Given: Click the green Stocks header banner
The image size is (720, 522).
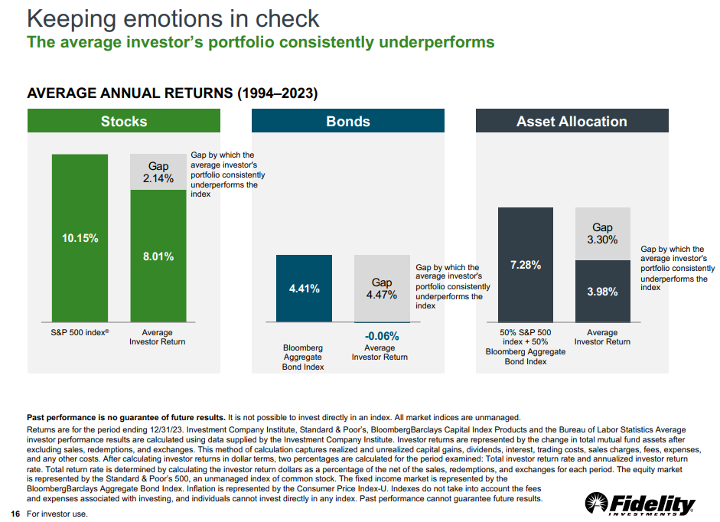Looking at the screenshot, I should pos(124,121).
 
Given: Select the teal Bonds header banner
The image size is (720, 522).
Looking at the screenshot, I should pos(348,121).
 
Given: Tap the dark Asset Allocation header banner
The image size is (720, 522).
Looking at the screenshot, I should pos(572,121).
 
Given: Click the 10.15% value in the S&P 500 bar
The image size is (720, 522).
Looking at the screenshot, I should pos(80,238).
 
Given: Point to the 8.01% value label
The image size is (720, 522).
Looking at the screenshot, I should pos(158,256).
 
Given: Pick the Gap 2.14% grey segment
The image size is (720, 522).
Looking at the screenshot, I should pos(158,172).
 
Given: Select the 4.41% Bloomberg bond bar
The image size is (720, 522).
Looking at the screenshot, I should pos(304,289).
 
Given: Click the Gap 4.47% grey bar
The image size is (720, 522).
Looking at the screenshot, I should pos(382,289).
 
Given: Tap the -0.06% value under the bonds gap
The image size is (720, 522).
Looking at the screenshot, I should pos(382,335).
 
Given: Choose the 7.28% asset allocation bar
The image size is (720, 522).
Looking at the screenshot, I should pos(526,265).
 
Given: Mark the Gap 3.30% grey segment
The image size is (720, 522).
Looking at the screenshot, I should pos(603,233).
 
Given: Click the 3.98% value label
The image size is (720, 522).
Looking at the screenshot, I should pos(603,292).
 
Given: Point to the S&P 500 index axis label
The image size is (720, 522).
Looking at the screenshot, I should pos(80,333).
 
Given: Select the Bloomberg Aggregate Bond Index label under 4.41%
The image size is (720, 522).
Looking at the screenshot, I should pos(304,357).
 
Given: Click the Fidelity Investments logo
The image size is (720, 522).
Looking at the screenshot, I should pos(640,504).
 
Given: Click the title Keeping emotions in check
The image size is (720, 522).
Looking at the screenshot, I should pos(173,18).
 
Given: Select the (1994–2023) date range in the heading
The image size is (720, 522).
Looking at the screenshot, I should pos(277,93).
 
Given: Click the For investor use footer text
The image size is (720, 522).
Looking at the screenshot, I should pos(57,514).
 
